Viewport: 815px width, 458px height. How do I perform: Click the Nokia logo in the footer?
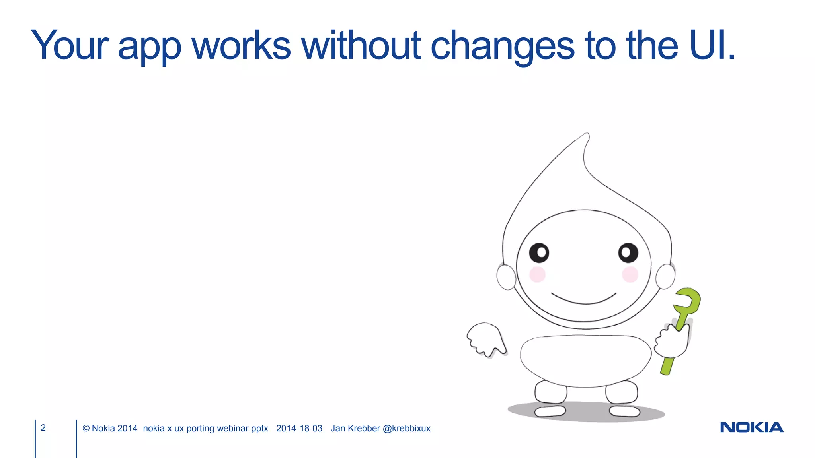752,427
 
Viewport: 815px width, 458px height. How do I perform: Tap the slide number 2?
43,428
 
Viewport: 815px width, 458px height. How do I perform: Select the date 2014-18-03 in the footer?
299,429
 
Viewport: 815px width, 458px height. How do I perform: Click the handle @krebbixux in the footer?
406,429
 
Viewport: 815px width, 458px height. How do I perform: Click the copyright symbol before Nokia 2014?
86,429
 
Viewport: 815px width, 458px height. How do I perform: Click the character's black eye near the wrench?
628,253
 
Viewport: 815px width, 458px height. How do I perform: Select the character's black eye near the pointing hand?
539,253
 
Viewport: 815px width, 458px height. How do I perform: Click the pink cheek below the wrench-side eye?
630,274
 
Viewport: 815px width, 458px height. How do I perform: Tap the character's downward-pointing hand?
486,339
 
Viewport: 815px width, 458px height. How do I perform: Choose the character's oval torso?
585,360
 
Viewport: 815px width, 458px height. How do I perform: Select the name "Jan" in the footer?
338,429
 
